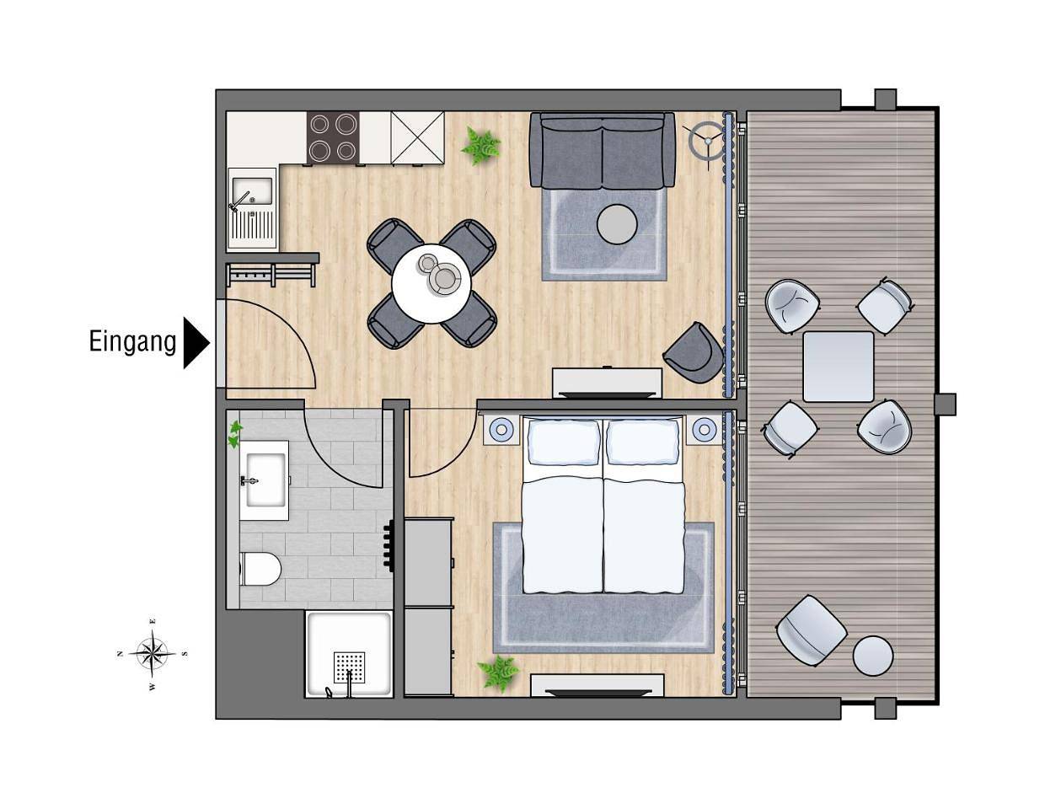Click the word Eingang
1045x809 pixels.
[x=132, y=343]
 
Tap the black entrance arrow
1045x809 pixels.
[x=196, y=343]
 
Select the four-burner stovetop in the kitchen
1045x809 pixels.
[x=333, y=137]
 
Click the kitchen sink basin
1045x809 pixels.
[x=253, y=190]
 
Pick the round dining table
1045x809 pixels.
[x=431, y=284]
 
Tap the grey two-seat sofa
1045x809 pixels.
[x=602, y=150]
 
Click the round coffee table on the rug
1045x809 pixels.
[x=618, y=224]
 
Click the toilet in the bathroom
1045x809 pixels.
[x=260, y=569]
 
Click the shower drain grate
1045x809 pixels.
[x=349, y=667]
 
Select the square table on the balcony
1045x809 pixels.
[x=839, y=367]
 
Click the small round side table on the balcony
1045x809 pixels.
[x=873, y=656]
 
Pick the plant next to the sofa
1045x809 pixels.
[x=480, y=145]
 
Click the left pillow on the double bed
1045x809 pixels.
[x=565, y=442]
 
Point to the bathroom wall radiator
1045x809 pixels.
[x=389, y=547]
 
